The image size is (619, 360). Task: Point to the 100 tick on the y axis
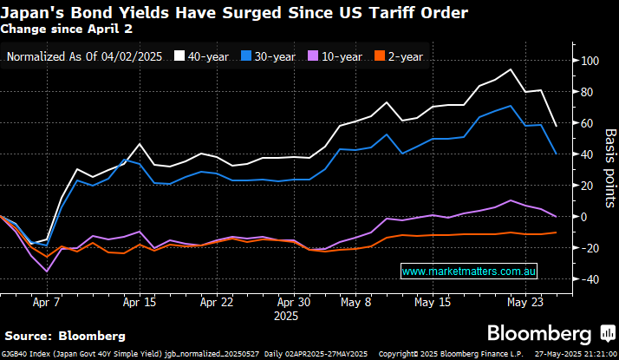pos(590,61)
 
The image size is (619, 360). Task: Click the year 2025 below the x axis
pos(286,317)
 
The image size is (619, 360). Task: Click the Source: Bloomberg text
pos(65,335)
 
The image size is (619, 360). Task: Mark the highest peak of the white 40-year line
pos(511,69)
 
